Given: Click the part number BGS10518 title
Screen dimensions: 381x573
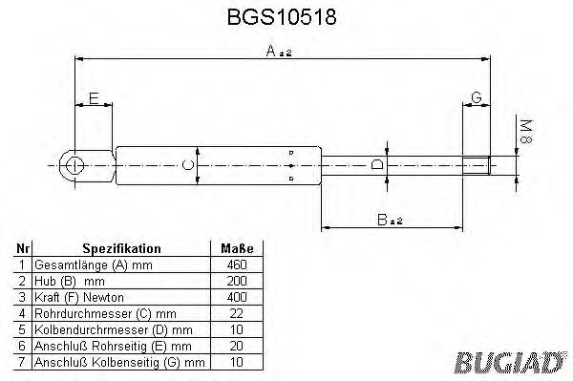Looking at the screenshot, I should [285, 17].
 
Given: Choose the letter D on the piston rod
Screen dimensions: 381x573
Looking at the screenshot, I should [377, 165].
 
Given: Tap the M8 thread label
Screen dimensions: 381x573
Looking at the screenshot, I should [523, 132].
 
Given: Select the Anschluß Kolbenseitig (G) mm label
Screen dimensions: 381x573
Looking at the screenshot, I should [118, 362].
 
